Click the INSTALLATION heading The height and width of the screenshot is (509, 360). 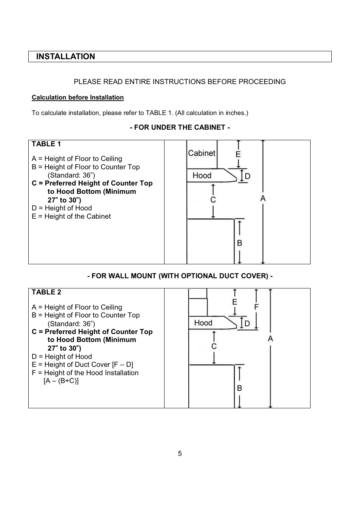(66, 56)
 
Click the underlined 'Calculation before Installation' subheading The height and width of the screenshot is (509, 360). (78, 98)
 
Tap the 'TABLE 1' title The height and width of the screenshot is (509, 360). (46, 144)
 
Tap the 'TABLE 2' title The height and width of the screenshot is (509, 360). (46, 292)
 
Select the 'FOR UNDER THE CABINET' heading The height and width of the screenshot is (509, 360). (180, 127)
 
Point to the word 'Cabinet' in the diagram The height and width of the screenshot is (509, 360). (202, 153)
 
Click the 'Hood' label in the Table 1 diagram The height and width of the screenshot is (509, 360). (202, 175)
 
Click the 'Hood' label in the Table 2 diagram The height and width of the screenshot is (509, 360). (203, 323)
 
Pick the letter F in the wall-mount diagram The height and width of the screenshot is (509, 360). (256, 307)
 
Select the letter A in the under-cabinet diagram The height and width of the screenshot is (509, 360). (263, 198)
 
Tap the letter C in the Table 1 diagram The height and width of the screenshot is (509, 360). (213, 200)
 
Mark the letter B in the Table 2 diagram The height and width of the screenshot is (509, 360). (240, 388)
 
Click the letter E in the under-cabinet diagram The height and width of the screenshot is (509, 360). (238, 154)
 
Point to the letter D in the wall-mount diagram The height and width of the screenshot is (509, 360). (247, 323)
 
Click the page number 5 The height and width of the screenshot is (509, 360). (180, 454)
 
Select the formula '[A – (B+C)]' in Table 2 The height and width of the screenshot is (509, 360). (61, 381)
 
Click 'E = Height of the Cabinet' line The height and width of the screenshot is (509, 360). (71, 216)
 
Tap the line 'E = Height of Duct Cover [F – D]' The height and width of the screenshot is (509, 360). (82, 365)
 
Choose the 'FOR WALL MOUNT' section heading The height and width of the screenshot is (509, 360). (180, 276)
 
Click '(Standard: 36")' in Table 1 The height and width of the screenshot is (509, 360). (71, 175)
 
